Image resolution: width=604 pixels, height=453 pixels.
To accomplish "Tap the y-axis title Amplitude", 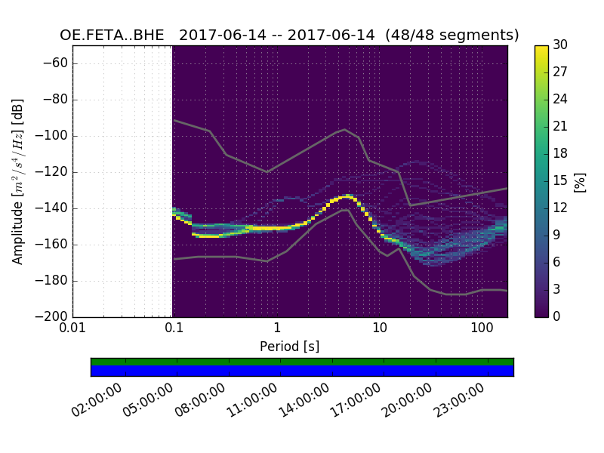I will pyautogui.click(x=18, y=181).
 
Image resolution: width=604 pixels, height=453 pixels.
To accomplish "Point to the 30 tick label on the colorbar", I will pyautogui.click(x=560, y=45).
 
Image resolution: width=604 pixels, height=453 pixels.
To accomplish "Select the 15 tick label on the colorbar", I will pyautogui.click(x=559, y=180).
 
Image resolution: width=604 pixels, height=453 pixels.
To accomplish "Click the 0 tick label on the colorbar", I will pyautogui.click(x=557, y=316).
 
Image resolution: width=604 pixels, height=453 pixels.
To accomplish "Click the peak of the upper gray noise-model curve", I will pyautogui.click(x=345, y=129).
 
